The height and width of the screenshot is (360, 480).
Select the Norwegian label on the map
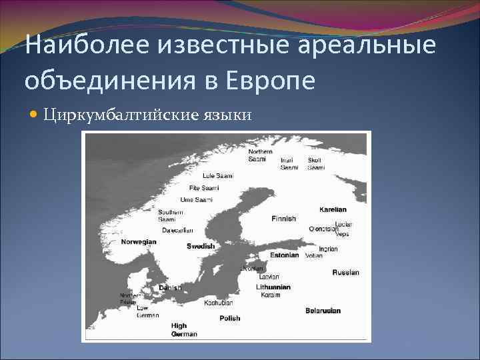coord(139,242)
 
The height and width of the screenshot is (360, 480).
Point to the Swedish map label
coord(201,246)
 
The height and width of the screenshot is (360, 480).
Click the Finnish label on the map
coord(284,219)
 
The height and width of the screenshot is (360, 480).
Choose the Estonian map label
coord(285,255)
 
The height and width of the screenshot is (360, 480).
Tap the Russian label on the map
coord(345,272)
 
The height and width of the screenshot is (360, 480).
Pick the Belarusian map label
coord(323,311)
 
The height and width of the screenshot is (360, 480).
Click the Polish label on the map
coord(229,319)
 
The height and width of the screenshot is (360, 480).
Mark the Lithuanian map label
coord(273,287)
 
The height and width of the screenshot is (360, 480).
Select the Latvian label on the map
coord(269,276)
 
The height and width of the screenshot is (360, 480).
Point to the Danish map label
coord(170,287)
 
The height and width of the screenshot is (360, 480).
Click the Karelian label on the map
coord(333,209)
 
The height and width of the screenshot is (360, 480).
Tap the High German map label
coord(184,329)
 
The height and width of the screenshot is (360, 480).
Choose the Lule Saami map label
coord(217,175)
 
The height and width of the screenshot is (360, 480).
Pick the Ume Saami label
coord(197,200)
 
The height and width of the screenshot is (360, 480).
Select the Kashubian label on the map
coord(218,303)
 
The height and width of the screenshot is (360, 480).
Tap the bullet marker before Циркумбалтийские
coord(35,115)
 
